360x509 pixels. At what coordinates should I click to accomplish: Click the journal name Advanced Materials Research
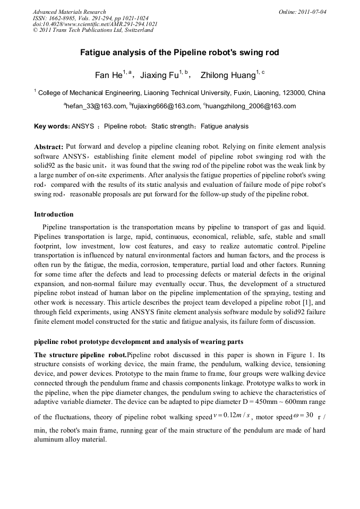click(x=69, y=12)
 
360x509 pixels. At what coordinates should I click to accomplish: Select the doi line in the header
click(x=95, y=24)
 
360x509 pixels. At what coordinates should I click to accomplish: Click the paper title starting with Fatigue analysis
click(x=179, y=53)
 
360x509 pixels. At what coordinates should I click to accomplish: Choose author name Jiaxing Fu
click(x=159, y=75)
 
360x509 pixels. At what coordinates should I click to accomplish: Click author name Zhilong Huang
click(x=228, y=75)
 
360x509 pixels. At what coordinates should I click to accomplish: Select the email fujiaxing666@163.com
click(x=165, y=106)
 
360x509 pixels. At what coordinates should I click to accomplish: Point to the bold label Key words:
click(x=52, y=126)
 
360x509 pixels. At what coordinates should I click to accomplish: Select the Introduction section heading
click(x=54, y=214)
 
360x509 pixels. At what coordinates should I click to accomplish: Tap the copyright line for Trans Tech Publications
click(x=93, y=30)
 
